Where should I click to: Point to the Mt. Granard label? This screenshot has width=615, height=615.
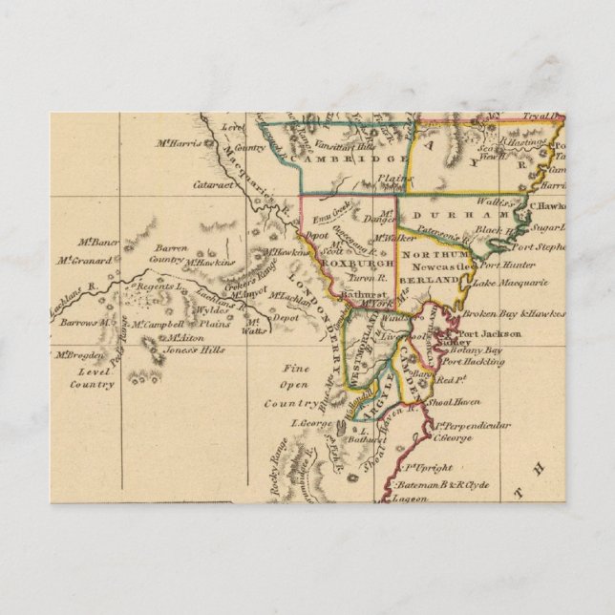click(x=79, y=258)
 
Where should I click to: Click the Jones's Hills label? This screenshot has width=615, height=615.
click(x=198, y=350)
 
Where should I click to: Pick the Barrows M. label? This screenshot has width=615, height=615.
click(x=74, y=324)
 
